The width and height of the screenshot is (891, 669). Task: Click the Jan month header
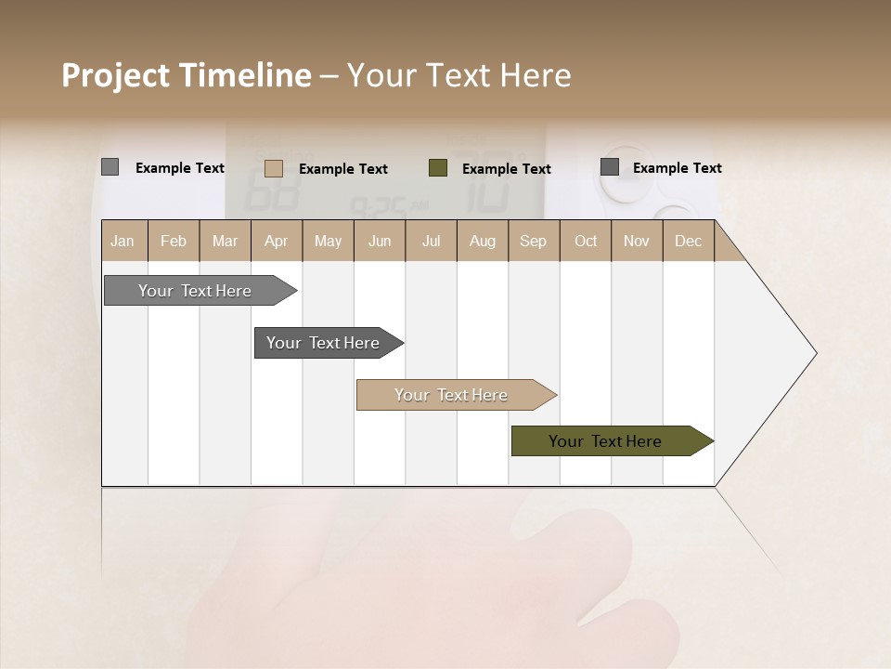click(x=123, y=241)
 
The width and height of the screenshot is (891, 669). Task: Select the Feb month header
click(x=174, y=241)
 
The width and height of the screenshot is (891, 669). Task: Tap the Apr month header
click(x=277, y=241)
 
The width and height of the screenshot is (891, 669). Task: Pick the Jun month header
click(x=380, y=241)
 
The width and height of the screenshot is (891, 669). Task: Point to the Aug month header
click(x=483, y=241)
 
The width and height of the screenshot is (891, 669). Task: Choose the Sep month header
click(x=534, y=241)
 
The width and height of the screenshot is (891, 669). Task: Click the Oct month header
click(x=586, y=241)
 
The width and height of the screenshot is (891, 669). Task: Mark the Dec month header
click(x=689, y=241)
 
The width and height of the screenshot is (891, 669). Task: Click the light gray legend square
click(x=110, y=167)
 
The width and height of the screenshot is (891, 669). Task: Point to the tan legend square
click(x=274, y=168)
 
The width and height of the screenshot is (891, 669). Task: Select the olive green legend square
click(x=438, y=167)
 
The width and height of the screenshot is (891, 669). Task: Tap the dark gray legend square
click(x=610, y=167)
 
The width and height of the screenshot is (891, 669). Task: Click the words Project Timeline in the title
click(x=187, y=75)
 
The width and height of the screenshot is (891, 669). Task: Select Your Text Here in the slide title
click(x=459, y=75)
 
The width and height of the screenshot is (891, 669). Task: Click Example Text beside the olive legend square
click(x=507, y=169)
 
